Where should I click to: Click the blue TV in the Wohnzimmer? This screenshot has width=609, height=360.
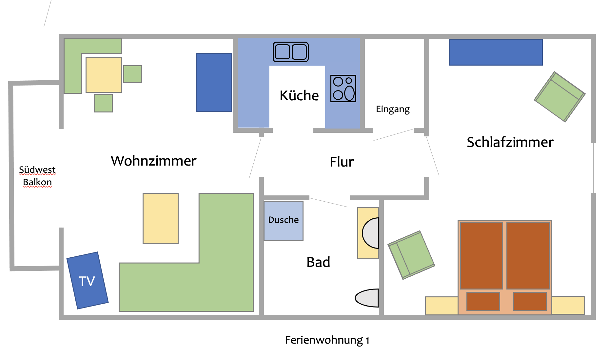pyautogui.click(x=87, y=281)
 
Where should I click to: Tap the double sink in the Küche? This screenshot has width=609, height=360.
pyautogui.click(x=291, y=52)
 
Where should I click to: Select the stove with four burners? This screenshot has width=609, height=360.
pyautogui.click(x=343, y=89)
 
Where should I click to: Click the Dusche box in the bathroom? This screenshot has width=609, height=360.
pyautogui.click(x=284, y=220)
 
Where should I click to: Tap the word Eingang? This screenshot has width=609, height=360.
pyautogui.click(x=393, y=109)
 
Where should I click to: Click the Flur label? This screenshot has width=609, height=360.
pyautogui.click(x=342, y=162)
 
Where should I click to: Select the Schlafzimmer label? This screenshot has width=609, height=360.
pyautogui.click(x=510, y=142)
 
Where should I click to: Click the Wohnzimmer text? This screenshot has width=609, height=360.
pyautogui.click(x=153, y=161)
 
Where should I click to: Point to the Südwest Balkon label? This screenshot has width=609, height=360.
pyautogui.click(x=37, y=176)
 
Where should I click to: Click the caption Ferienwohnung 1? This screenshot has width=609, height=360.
pyautogui.click(x=327, y=340)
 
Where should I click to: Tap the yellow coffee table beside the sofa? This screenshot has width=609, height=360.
pyautogui.click(x=161, y=218)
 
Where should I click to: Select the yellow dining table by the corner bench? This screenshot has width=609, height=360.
pyautogui.click(x=104, y=75)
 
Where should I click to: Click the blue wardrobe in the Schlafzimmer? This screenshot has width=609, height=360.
pyautogui.click(x=496, y=52)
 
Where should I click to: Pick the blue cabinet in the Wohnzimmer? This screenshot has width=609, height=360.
pyautogui.click(x=214, y=82)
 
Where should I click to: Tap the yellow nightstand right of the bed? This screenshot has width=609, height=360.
pyautogui.click(x=568, y=305)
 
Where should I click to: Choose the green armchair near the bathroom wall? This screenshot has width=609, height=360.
pyautogui.click(x=411, y=255)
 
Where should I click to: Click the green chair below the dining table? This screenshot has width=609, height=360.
pyautogui.click(x=103, y=103)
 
